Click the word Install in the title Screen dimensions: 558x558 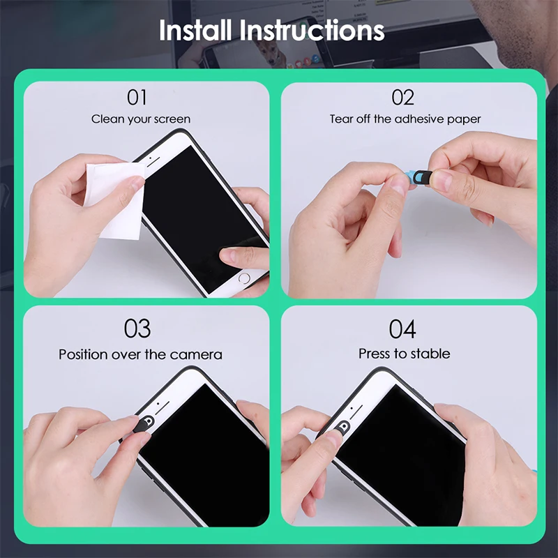[x=196, y=31]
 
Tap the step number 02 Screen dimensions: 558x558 [x=402, y=98]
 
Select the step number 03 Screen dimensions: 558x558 [x=138, y=329]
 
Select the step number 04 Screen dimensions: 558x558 [x=403, y=329]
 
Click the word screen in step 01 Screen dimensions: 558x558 [x=172, y=119]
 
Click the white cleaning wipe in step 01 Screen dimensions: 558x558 [x=112, y=199]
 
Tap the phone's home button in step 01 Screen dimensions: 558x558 [x=243, y=278]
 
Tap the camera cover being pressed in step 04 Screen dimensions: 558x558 [x=342, y=427]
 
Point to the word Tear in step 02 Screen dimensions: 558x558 [x=340, y=119]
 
